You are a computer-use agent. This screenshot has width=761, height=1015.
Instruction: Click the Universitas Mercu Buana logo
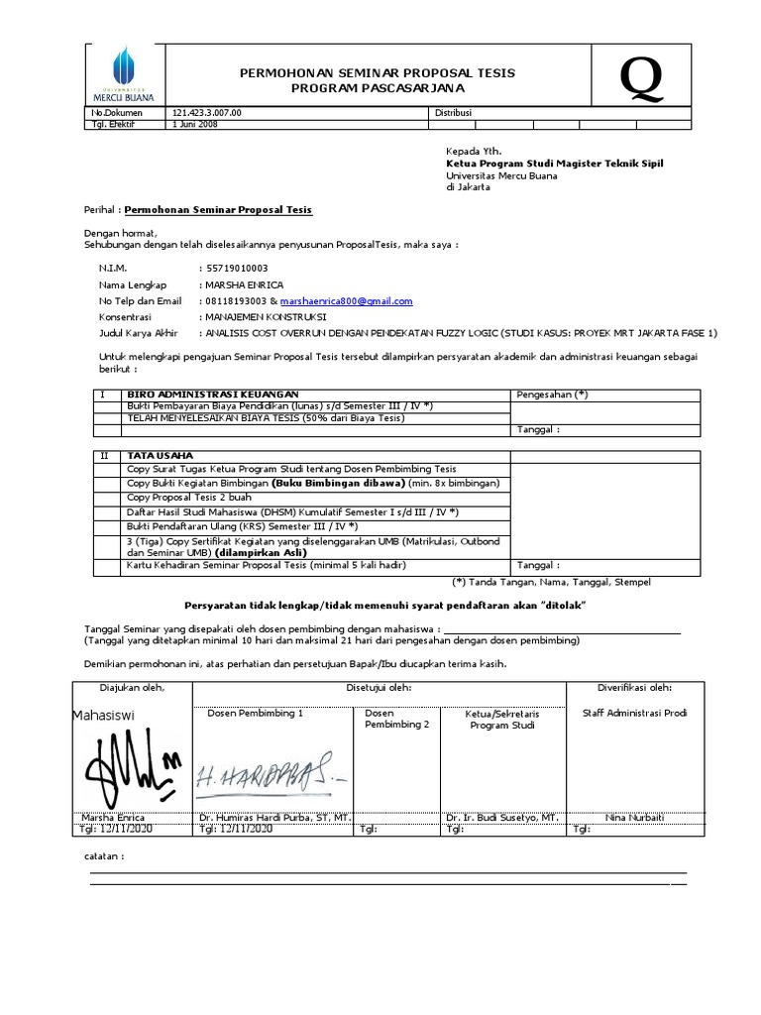(118, 74)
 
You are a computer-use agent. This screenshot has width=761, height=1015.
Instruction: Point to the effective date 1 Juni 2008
(195, 125)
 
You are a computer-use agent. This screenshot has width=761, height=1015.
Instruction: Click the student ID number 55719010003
(236, 269)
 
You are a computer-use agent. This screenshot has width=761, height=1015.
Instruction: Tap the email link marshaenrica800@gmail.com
(346, 301)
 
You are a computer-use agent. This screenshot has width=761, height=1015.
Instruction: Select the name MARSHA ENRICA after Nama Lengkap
(241, 285)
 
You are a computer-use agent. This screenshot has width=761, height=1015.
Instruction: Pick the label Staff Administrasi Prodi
(634, 713)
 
